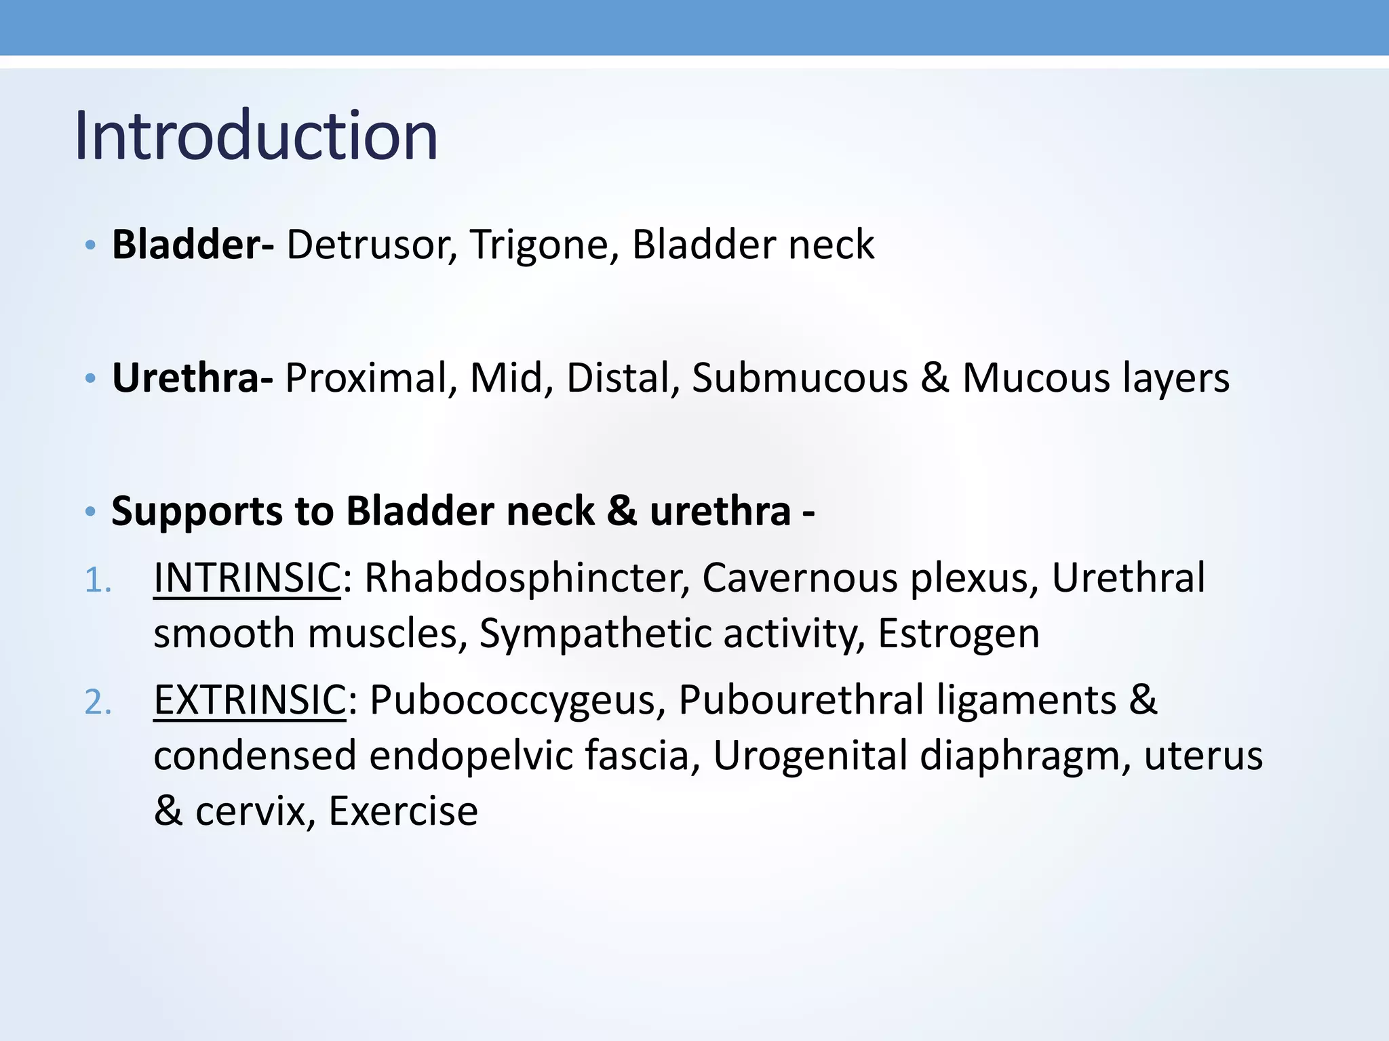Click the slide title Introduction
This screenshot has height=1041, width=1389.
coord(256,136)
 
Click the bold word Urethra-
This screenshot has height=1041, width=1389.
coord(192,377)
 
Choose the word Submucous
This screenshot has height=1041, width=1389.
coord(799,377)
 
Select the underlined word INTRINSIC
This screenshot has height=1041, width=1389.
coord(247,578)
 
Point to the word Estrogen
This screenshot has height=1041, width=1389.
coord(958,634)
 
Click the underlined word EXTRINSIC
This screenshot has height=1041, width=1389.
coord(250,699)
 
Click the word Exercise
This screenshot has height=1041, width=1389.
coord(403,811)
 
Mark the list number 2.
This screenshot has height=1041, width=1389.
coord(98,702)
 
